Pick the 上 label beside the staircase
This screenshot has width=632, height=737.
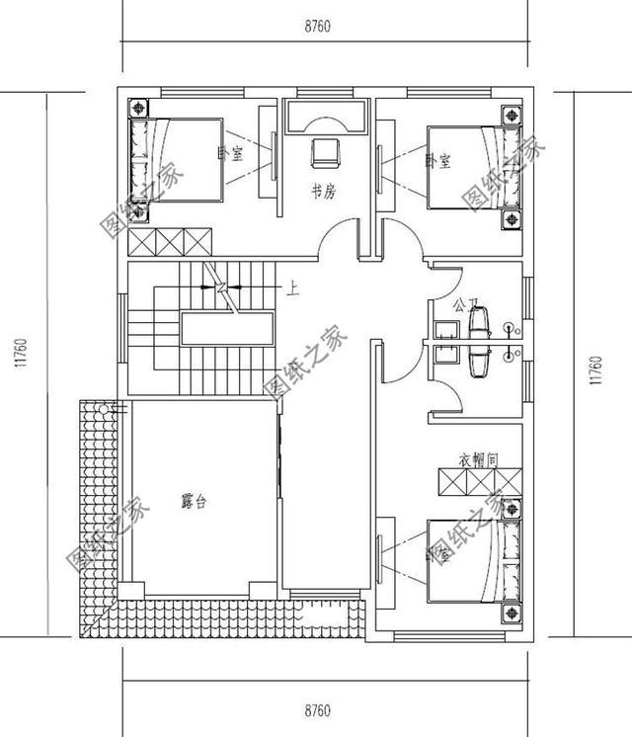point(292,289)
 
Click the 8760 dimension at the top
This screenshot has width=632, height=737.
point(317,27)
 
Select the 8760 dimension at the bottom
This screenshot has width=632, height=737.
point(317,709)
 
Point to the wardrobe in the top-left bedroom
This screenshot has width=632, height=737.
point(171,242)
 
